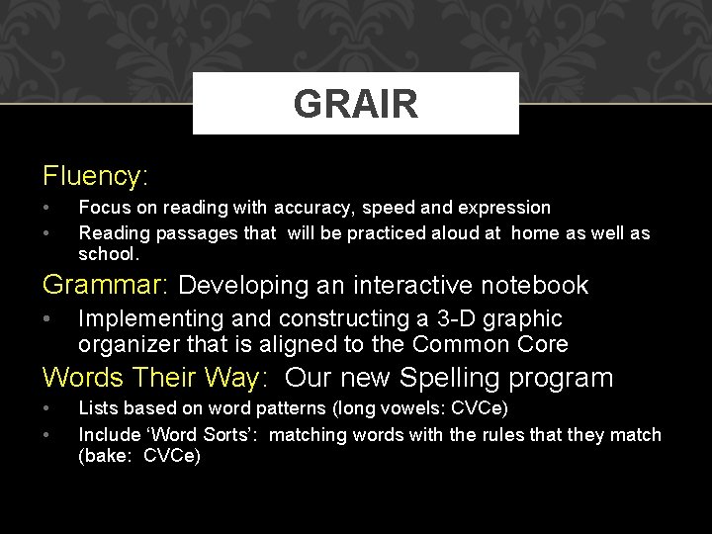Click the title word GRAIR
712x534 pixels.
coord(355,104)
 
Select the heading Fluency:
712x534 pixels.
coord(95,176)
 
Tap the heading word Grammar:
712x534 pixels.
coord(106,286)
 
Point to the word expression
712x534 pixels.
coord(501,209)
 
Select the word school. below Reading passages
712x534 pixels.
coord(109,254)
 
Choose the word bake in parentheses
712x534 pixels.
coord(108,456)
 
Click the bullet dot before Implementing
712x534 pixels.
coord(47,319)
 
